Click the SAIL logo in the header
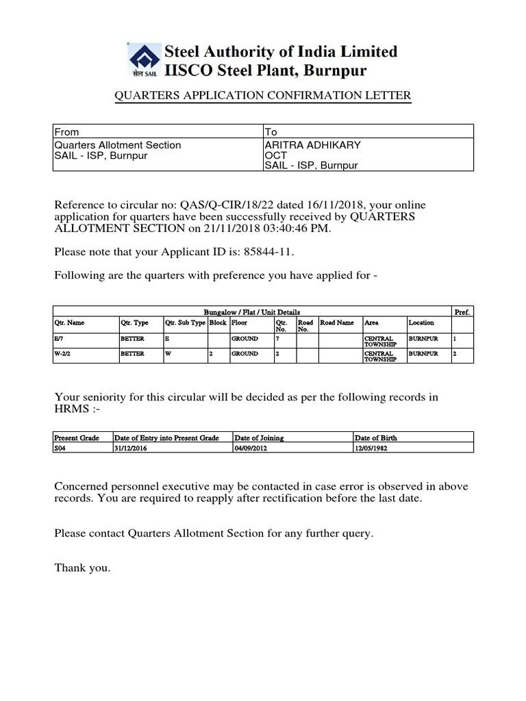(x=142, y=61)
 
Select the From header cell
(x=66, y=131)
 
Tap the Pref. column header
(x=462, y=311)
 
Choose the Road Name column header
(x=337, y=322)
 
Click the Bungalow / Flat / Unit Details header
(x=252, y=311)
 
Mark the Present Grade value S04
(x=61, y=448)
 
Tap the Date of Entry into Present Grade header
(x=166, y=437)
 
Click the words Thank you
(x=82, y=568)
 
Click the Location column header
(x=421, y=322)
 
